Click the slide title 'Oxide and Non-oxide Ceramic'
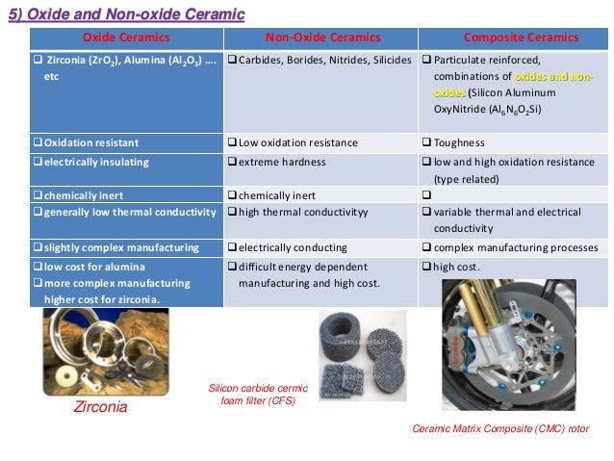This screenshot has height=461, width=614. pyautogui.click(x=126, y=14)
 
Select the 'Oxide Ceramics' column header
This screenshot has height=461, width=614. pyautogui.click(x=125, y=38)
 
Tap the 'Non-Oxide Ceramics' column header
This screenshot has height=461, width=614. pyautogui.click(x=322, y=38)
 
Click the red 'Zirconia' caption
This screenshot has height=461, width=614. pyautogui.click(x=100, y=407)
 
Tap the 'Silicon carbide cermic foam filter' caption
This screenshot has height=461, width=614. pyautogui.click(x=258, y=395)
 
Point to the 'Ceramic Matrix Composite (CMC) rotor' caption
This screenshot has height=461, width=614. pyautogui.click(x=499, y=427)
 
